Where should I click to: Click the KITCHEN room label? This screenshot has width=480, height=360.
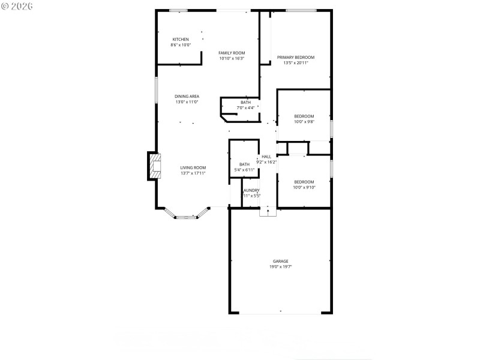click(181, 40)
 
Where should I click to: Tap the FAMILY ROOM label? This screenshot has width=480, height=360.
click(232, 53)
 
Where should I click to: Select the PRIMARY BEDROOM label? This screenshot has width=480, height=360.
click(295, 58)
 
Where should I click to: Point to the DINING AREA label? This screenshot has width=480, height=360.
click(187, 97)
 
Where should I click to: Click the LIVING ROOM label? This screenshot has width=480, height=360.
click(193, 168)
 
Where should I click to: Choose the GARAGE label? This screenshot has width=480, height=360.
click(281, 262)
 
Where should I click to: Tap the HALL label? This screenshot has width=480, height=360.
click(266, 157)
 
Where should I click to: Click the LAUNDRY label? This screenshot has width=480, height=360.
click(251, 190)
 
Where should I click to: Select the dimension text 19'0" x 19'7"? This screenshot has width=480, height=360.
click(281, 267)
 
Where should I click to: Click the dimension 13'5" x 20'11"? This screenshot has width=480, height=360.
click(295, 63)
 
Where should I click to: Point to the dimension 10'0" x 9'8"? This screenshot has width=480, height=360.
click(304, 122)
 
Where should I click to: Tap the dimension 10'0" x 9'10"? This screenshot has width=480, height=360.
click(304, 187)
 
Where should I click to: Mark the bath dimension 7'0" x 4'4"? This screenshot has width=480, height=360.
click(246, 108)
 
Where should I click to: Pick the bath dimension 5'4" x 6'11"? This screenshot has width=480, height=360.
click(244, 170)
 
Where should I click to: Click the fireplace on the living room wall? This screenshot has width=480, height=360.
click(155, 166)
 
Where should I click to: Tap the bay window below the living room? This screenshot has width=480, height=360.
click(186, 215)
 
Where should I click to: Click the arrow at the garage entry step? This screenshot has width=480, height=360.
click(268, 211)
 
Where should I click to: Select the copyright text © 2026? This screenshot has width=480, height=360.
click(17, 6)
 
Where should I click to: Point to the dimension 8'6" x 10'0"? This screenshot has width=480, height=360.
click(181, 45)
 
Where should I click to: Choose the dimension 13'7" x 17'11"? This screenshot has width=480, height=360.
click(193, 173)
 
